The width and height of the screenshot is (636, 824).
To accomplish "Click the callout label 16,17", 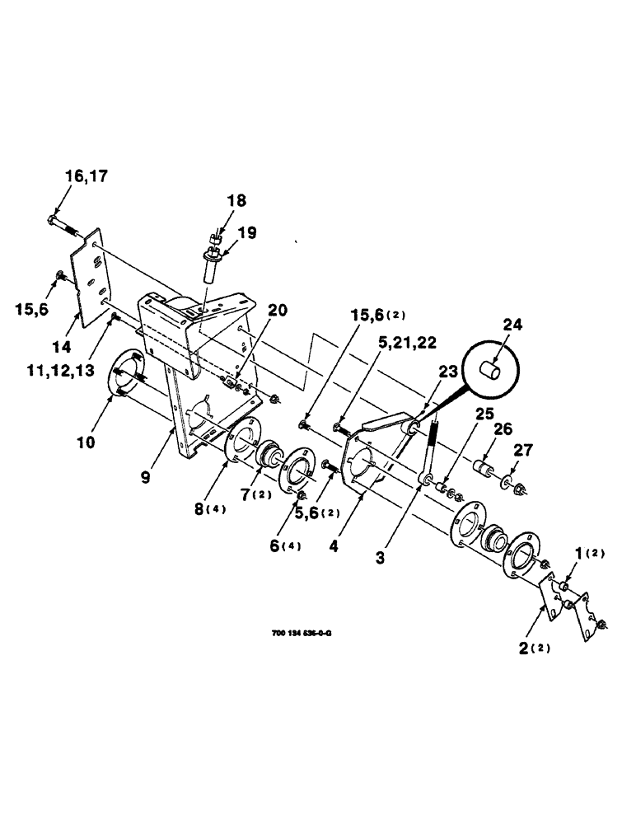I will pos(87,176).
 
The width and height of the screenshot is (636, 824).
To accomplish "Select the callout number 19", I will pos(246,235).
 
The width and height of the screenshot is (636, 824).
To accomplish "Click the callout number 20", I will pos(278,311).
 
